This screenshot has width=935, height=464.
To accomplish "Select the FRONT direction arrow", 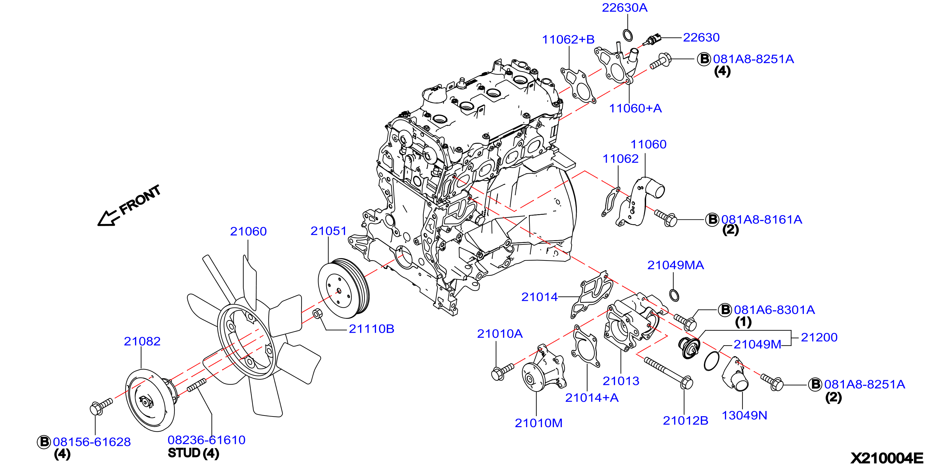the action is pyautogui.click(x=109, y=218).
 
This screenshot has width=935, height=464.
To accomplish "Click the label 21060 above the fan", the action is pyautogui.click(x=248, y=231).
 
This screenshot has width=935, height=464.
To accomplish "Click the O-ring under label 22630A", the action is pyautogui.click(x=628, y=35).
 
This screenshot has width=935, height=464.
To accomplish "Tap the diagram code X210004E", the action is pyautogui.click(x=887, y=458).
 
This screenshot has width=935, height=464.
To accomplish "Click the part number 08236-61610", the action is pyautogui.click(x=207, y=440).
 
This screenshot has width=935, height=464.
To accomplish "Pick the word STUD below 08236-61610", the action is pyautogui.click(x=184, y=453).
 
